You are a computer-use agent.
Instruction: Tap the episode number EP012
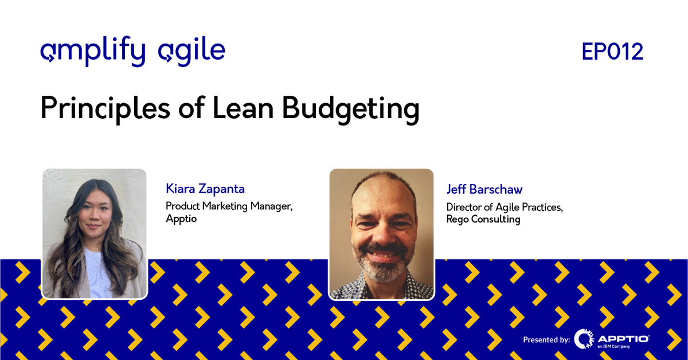612,52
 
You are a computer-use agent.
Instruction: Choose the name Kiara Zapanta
205,189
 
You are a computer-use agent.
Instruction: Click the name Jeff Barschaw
484,190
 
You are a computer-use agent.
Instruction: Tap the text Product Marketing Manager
229,206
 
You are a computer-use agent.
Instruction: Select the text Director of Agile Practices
505,208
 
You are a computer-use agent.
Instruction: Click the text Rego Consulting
483,220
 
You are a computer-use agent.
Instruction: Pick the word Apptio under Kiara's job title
181,219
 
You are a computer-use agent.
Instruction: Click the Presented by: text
546,340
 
